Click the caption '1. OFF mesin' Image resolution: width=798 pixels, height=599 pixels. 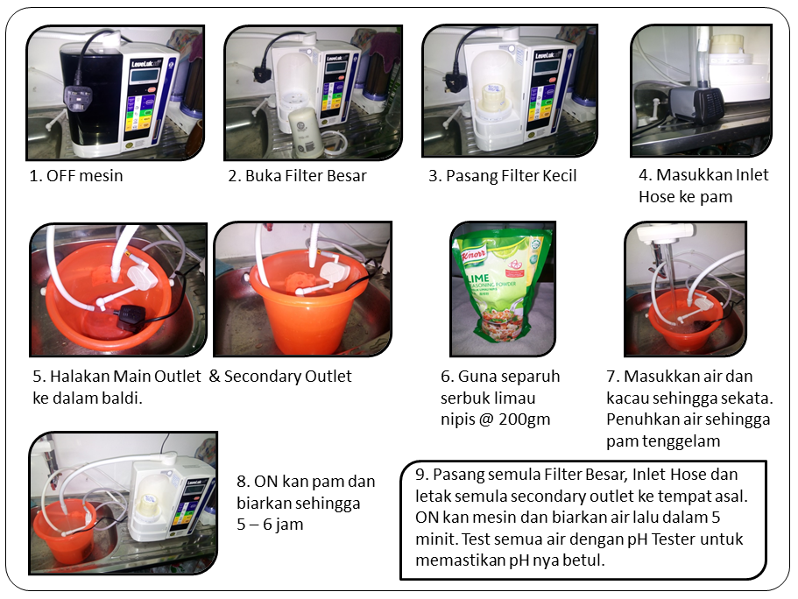click(76, 176)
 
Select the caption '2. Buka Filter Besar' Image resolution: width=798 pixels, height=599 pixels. click(297, 176)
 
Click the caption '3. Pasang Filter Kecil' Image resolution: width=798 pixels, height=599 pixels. click(502, 176)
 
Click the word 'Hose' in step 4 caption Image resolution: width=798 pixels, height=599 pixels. click(656, 197)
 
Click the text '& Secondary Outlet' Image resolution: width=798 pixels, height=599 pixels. click(280, 377)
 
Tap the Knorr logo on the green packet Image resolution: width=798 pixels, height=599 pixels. click(484, 254)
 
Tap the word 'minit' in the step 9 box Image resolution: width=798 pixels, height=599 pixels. click(434, 539)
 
